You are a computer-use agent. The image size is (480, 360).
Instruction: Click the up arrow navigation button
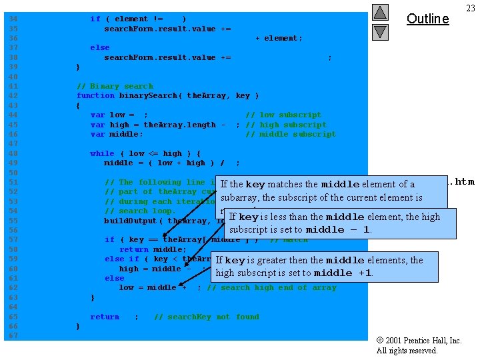379,12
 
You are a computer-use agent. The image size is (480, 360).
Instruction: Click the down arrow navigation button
379,31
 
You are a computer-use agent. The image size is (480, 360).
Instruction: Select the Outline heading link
427,19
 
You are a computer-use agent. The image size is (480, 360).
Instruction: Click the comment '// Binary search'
115,86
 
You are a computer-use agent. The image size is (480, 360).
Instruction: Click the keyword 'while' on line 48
102,153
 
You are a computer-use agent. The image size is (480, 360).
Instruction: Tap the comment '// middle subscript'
291,134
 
